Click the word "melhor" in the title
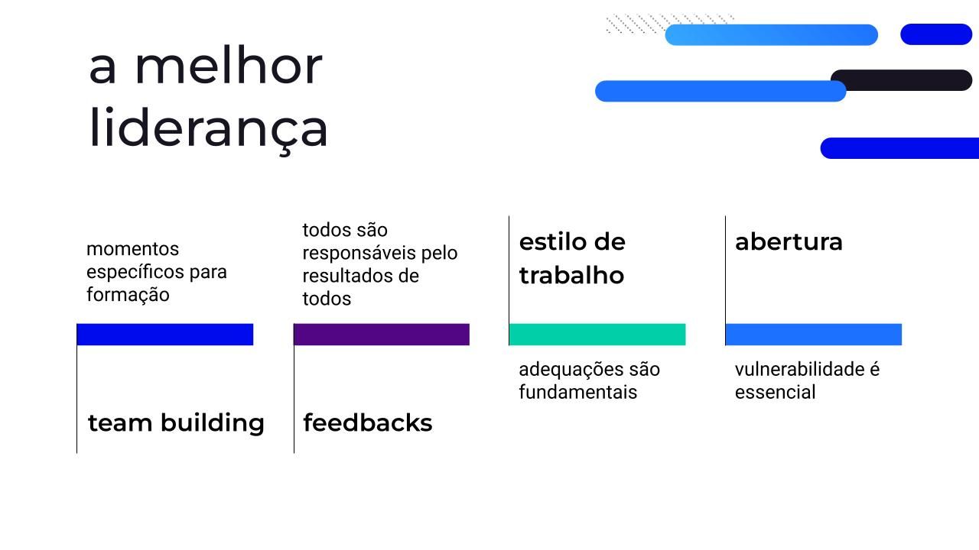coord(229,66)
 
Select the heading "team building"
coord(176,423)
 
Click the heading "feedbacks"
coord(368,422)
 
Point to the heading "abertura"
coord(789,242)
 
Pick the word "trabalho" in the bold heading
coord(571,276)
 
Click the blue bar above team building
coord(165,335)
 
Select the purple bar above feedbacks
coord(382,335)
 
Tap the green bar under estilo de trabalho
coord(597,335)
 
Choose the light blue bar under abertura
coord(814,335)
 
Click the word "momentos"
coord(133,249)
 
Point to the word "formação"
coord(128,295)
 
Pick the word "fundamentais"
coord(578,392)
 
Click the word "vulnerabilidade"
coord(800,369)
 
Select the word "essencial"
coord(776,392)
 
